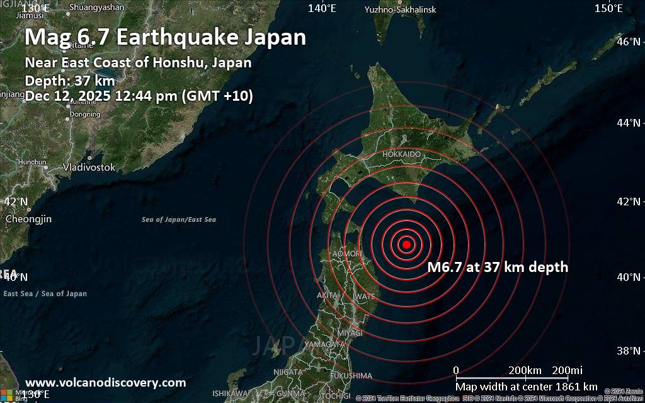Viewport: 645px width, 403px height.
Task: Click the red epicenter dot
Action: (406, 244)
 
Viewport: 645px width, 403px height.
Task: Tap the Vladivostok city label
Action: (89, 167)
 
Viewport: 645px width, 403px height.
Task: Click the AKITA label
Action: (328, 295)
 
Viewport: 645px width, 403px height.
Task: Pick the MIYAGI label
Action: (350, 332)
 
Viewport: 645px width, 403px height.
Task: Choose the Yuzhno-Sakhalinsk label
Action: (399, 9)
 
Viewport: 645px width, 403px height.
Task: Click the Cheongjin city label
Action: (28, 219)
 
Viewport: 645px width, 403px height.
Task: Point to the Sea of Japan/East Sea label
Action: (179, 220)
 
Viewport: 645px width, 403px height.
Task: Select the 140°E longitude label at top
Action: (322, 8)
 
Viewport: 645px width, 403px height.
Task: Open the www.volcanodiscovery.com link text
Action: (105, 382)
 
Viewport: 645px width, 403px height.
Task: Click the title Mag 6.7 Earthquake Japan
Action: (165, 37)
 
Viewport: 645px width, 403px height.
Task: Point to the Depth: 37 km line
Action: (70, 81)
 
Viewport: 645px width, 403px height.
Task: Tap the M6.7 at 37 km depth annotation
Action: (498, 267)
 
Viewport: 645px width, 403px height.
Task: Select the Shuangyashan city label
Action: (96, 8)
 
